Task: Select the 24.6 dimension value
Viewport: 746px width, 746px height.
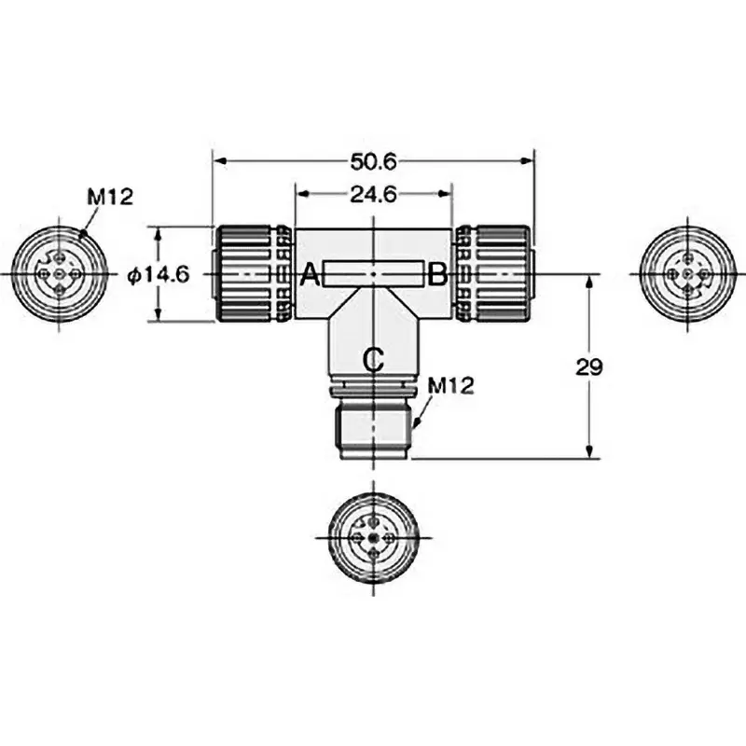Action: click(x=373, y=195)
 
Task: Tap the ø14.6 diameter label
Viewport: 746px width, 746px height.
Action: click(x=158, y=274)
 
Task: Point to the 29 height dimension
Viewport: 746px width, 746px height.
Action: click(x=589, y=366)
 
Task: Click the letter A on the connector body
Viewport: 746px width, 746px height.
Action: click(x=311, y=275)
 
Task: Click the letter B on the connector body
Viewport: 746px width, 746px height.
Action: click(x=436, y=275)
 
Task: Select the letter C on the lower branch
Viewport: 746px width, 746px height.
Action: click(x=372, y=358)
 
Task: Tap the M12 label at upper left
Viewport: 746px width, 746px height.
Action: click(x=111, y=197)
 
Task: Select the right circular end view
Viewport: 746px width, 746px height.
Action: click(x=685, y=274)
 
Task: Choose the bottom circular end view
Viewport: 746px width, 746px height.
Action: click(x=372, y=538)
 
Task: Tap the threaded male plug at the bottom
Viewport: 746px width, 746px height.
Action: click(x=372, y=430)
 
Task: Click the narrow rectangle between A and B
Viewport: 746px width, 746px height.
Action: click(x=372, y=275)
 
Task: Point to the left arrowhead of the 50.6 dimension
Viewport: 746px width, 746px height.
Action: click(x=218, y=161)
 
